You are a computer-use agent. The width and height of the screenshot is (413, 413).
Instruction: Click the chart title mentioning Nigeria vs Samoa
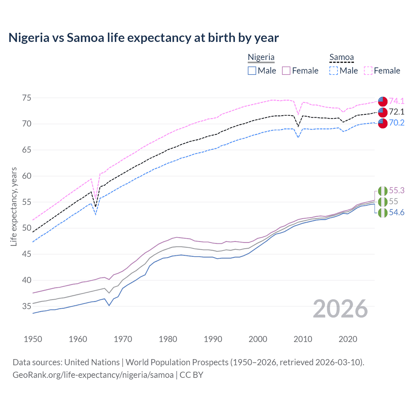144,38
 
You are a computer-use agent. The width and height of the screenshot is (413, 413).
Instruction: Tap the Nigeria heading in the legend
261,57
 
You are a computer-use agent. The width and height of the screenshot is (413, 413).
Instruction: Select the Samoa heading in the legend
341,57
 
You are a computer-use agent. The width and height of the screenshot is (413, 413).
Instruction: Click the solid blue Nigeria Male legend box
252,71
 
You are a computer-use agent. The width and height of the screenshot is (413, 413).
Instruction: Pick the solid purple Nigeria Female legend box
286,71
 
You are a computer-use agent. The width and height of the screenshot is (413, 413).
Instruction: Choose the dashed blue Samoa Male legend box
334,71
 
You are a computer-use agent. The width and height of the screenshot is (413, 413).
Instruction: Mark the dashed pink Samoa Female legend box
368,71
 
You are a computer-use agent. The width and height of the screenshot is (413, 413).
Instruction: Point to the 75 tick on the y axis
26,98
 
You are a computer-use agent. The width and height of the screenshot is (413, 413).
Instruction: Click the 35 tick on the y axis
26,306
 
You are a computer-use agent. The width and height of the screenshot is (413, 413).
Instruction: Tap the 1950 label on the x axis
33,339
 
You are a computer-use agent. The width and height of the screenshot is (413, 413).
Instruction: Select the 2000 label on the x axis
258,339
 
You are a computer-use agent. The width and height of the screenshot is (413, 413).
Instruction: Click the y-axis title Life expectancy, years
14,206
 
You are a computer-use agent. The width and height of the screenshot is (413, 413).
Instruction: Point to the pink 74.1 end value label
397,101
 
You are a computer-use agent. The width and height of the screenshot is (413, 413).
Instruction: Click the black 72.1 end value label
397,112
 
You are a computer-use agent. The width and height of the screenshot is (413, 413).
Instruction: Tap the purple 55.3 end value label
397,191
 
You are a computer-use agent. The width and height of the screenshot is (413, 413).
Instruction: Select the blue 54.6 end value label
397,213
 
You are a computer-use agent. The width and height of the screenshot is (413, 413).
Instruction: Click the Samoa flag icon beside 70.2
383,123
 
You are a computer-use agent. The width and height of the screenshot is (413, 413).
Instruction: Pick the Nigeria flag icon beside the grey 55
383,202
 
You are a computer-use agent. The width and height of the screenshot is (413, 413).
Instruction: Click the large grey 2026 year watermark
340,309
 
